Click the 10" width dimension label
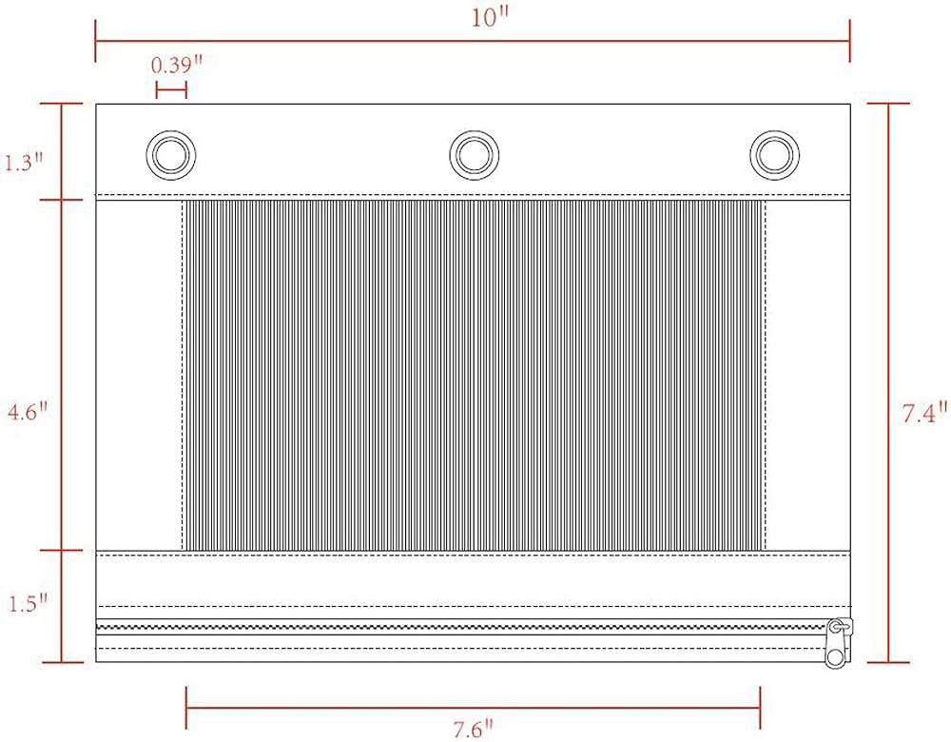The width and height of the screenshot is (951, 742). pos(489,18)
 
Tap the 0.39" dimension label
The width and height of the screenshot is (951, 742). pos(176,65)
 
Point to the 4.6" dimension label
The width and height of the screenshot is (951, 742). pos(27,413)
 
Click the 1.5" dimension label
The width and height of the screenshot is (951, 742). pos(27,604)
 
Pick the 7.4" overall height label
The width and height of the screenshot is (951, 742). pos(924,413)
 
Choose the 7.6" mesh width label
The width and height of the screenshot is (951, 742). pos(473,728)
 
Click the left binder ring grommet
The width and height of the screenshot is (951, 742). pos(171,155)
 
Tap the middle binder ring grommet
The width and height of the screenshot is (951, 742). pos(475,155)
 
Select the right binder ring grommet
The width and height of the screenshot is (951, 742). pos(774,155)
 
